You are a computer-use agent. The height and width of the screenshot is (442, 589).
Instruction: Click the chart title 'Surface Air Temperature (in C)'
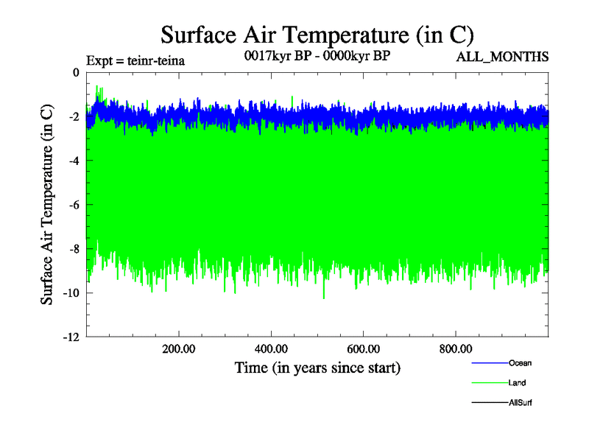pos(317,35)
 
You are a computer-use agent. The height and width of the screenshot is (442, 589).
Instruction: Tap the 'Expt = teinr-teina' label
pos(135,60)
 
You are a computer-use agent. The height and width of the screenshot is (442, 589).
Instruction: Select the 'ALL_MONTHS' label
pos(503,57)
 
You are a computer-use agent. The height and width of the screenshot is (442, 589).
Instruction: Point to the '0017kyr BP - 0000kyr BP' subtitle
pos(317,55)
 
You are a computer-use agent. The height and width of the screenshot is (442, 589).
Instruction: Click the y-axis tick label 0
pos(75,72)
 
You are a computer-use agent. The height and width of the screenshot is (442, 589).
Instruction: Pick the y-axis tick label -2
pos(73,116)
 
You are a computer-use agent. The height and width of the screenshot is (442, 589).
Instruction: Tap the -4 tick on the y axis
pos(73,161)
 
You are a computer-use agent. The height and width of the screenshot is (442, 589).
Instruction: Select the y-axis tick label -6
pos(73,205)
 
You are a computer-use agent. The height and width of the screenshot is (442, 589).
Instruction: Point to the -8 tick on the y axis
pos(73,249)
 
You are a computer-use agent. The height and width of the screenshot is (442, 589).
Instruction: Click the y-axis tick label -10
pos(70,293)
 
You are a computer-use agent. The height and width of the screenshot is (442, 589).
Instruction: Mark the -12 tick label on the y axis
pos(70,337)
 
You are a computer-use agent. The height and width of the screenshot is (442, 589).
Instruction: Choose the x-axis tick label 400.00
pos(272,348)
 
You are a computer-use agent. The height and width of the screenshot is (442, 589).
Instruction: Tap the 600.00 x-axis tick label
pos(364,348)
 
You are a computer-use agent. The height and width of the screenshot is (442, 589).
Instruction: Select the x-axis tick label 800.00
pos(456,348)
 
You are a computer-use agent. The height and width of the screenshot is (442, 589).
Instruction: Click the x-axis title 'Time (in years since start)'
pos(317,367)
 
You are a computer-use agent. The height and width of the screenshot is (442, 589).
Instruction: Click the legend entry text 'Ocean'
pos(520,363)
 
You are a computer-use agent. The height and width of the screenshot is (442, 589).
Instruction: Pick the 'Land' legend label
pos(517,383)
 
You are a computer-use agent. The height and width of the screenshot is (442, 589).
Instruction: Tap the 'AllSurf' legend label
pos(521,403)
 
